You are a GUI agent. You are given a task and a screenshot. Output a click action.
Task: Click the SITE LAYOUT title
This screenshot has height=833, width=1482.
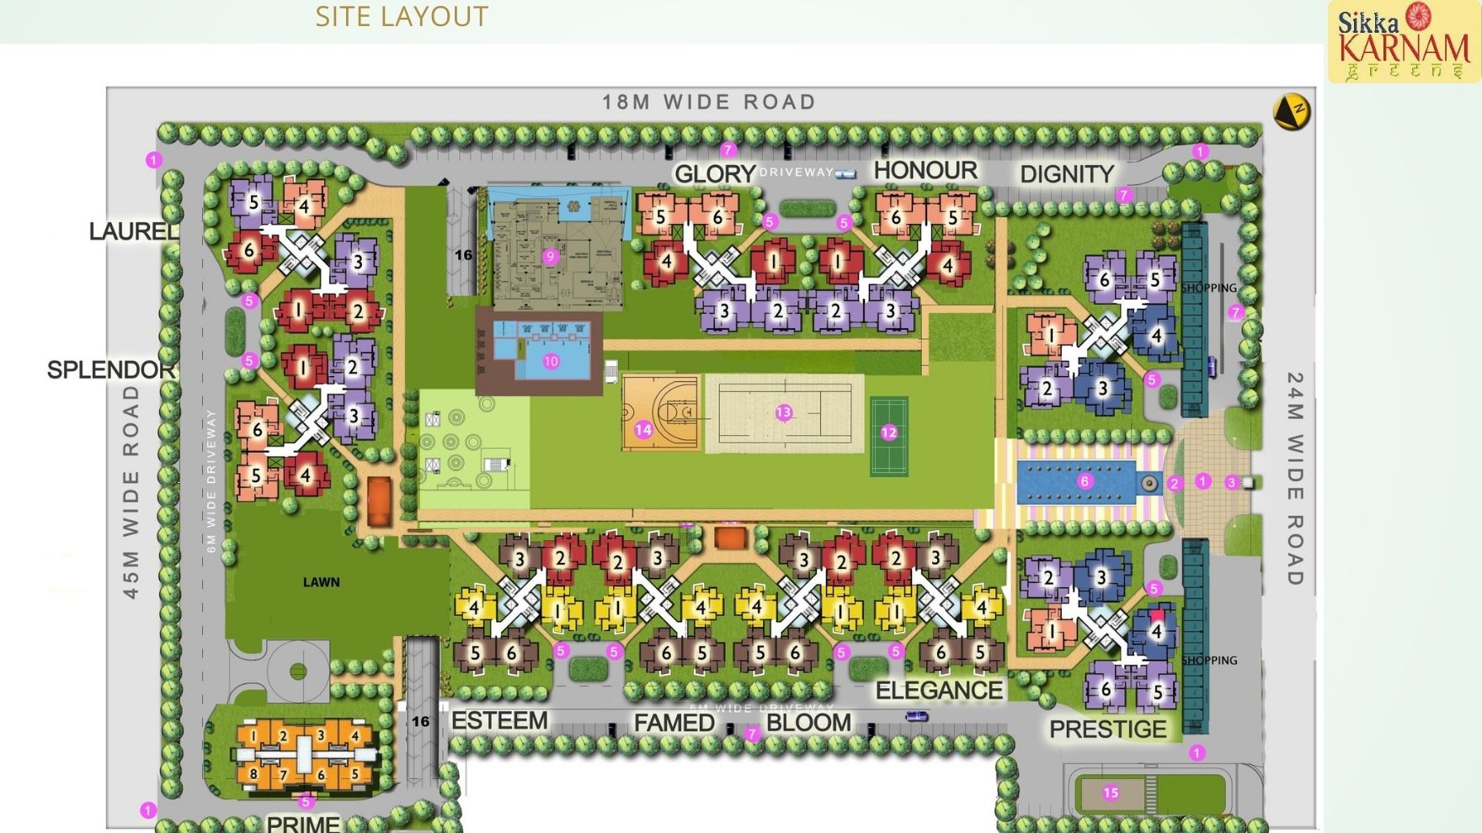point(402,17)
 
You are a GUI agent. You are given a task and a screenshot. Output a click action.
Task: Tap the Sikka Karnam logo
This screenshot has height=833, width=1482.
point(1404,42)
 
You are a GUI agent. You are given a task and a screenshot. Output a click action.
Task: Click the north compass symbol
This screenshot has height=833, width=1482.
point(1291,112)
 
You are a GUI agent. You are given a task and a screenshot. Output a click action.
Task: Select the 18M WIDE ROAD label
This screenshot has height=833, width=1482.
point(709,102)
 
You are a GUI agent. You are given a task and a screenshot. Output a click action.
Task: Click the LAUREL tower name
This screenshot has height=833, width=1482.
point(134,231)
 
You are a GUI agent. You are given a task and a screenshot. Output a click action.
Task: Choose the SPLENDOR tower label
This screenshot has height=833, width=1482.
point(111,369)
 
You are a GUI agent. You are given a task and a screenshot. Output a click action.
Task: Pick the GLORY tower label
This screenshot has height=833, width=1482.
point(715,174)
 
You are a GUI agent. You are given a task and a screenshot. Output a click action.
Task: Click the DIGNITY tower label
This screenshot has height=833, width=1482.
point(1067,174)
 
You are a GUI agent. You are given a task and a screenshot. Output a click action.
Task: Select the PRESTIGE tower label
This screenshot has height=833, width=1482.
point(1108,729)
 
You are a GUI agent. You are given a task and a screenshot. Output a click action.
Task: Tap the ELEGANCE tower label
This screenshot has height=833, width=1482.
point(939,691)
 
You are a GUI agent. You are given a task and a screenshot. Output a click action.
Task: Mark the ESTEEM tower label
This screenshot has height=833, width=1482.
point(499,721)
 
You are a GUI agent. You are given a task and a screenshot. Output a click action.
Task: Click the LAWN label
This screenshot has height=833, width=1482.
point(322,581)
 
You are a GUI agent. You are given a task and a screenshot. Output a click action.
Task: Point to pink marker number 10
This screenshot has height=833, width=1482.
point(551,361)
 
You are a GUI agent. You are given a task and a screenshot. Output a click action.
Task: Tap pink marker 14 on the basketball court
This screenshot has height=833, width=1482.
point(643,430)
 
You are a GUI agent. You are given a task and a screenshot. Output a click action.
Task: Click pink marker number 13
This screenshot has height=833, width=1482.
point(784,412)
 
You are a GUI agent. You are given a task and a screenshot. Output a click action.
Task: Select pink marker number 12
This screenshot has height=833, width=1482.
point(889,432)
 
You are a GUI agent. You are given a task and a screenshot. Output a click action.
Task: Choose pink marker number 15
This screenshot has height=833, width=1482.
point(1111,793)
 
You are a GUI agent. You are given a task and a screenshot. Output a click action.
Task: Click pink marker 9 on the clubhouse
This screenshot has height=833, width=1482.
point(551,257)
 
